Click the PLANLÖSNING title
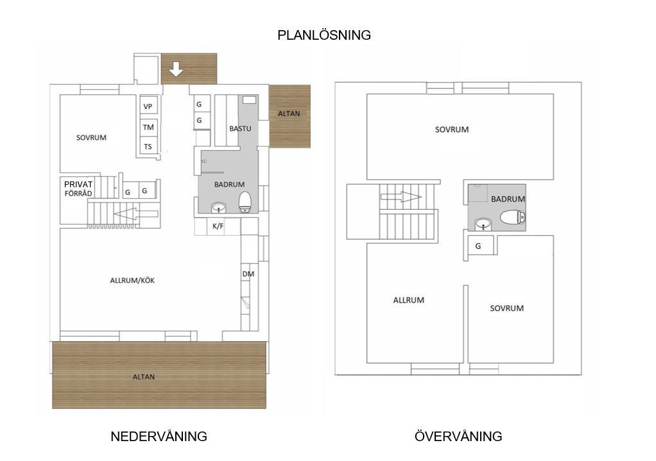[x=324, y=35]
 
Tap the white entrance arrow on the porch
[x=176, y=69]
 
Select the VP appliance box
[x=148, y=106]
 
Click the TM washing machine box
[x=148, y=127]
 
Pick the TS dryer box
[x=148, y=146]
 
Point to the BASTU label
[x=240, y=129]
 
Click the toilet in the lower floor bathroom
[x=245, y=202]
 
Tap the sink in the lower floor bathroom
[x=218, y=207]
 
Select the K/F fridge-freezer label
[x=218, y=226]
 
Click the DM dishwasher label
[x=248, y=274]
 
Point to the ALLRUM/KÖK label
[x=132, y=280]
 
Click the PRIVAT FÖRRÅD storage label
[x=78, y=189]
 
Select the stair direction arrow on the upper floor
[x=401, y=196]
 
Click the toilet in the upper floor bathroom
[x=512, y=217]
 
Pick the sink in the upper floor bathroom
[x=483, y=224]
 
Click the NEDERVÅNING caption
[x=159, y=437]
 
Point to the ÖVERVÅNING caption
[x=458, y=436]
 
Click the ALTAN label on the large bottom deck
[x=144, y=377]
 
